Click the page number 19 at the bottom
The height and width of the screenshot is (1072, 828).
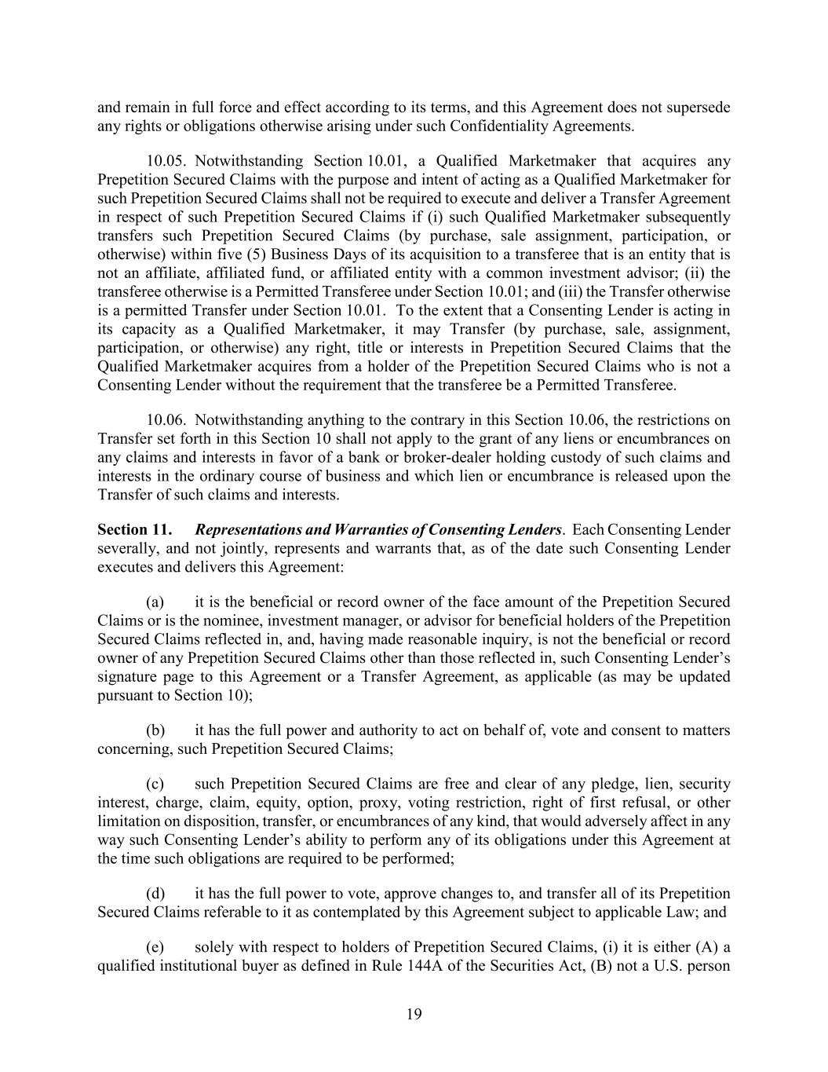414,1014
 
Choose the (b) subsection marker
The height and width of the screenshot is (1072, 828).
155,730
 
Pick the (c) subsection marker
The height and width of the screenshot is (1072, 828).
155,784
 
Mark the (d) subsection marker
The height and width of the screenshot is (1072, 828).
155,894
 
